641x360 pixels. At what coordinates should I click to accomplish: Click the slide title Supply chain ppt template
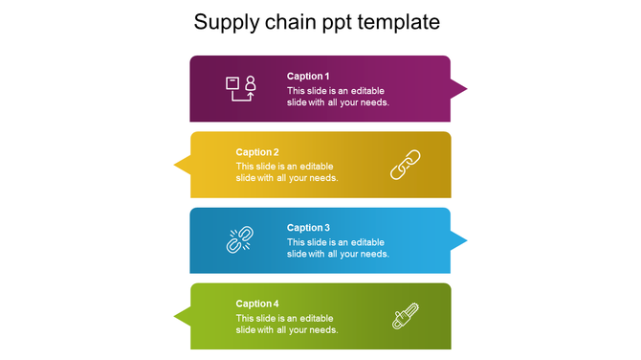(x=317, y=22)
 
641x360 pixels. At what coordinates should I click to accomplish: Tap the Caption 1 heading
(x=308, y=77)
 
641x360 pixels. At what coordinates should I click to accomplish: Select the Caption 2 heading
(x=257, y=152)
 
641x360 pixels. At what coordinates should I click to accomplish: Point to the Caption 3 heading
(x=308, y=228)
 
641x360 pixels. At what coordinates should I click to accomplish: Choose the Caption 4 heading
(x=257, y=304)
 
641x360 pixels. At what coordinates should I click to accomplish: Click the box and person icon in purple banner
(x=240, y=88)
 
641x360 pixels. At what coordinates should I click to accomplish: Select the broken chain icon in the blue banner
(x=238, y=239)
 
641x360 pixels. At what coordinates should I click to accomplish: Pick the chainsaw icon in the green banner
(x=406, y=316)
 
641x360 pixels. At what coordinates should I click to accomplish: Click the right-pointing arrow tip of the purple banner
(x=460, y=89)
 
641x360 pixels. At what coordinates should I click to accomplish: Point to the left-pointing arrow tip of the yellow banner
(x=180, y=165)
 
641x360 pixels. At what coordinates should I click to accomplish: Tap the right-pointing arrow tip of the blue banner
(x=460, y=240)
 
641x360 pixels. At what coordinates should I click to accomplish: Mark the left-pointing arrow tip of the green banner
(x=180, y=316)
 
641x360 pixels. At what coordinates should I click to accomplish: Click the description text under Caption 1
(x=338, y=97)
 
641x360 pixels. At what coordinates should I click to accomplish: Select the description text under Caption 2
(x=287, y=172)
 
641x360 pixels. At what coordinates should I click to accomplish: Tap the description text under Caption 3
(x=338, y=248)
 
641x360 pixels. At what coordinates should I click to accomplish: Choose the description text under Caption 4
(x=287, y=324)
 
